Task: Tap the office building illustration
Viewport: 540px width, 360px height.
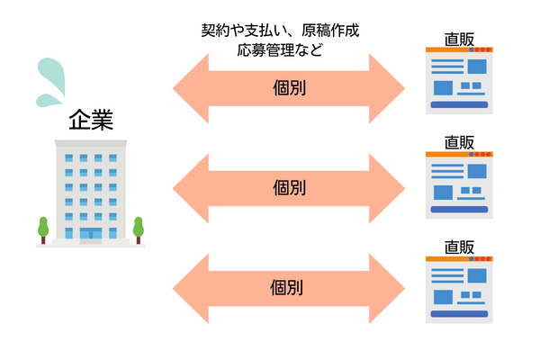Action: pos(91,193)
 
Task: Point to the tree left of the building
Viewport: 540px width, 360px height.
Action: pos(43,229)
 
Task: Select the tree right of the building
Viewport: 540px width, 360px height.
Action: pos(139,229)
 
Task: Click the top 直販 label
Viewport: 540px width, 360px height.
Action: pos(460,40)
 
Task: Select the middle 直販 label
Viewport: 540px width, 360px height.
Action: pos(460,141)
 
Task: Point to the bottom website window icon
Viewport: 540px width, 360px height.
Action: pos(460,288)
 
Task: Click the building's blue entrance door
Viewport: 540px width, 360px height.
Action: pos(91,235)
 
